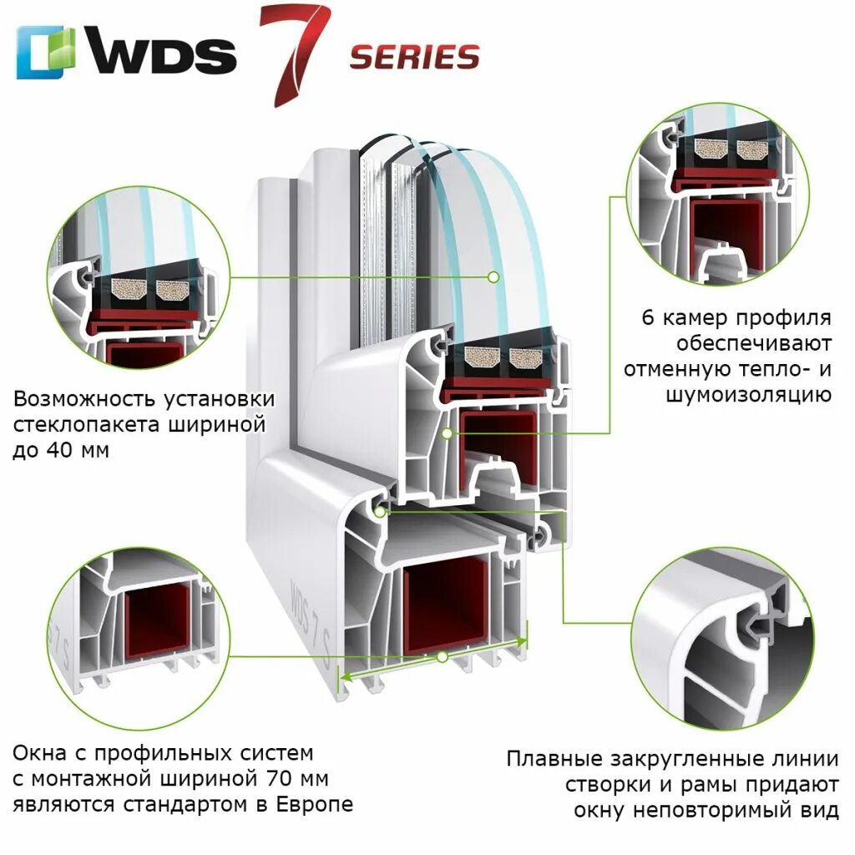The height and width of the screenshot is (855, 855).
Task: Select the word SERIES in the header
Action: coord(414,57)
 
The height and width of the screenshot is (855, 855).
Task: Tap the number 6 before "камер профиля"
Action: coord(648,318)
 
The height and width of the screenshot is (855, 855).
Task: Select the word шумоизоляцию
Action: coord(748,394)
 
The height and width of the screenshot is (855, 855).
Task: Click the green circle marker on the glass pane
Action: coord(493,276)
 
